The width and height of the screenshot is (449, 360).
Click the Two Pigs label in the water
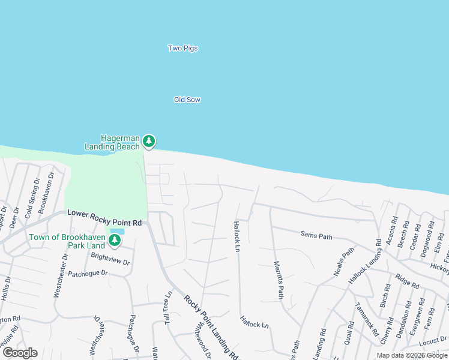[x=182, y=48]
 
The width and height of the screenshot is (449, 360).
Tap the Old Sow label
[x=187, y=100]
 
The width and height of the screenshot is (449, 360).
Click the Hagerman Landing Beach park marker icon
[x=148, y=142]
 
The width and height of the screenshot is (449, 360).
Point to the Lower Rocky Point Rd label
[x=104, y=217]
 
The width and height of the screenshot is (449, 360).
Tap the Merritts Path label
[x=278, y=280]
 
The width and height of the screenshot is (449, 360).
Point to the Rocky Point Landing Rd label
[x=211, y=328]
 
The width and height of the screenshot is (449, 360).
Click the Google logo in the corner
[x=20, y=353]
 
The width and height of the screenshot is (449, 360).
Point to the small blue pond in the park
[x=118, y=231]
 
